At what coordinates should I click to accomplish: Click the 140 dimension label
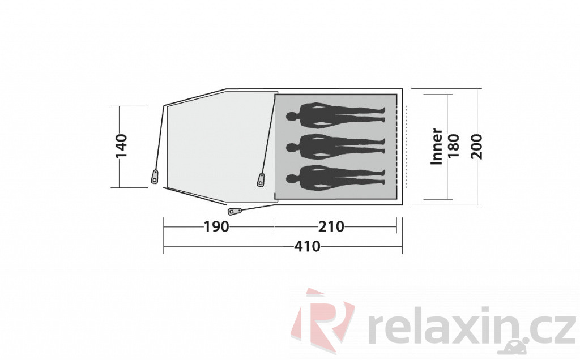(121, 146)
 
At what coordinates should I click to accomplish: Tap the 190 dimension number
(217, 226)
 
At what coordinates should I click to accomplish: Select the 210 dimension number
(331, 226)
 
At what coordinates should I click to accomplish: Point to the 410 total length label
(308, 246)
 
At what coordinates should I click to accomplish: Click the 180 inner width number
(453, 145)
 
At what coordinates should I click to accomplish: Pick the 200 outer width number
(477, 147)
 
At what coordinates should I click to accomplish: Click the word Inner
(437, 146)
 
